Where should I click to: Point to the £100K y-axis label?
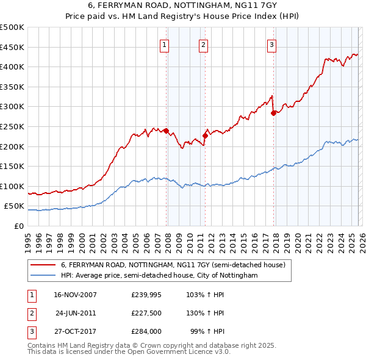[12, 186]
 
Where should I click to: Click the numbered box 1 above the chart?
[165, 44]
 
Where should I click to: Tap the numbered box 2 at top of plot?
[203, 44]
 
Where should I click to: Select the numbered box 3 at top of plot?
[271, 44]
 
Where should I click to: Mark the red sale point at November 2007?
[166, 131]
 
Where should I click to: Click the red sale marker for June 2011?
[205, 135]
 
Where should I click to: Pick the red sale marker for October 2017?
[273, 113]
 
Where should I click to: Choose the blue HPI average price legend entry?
[159, 276]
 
